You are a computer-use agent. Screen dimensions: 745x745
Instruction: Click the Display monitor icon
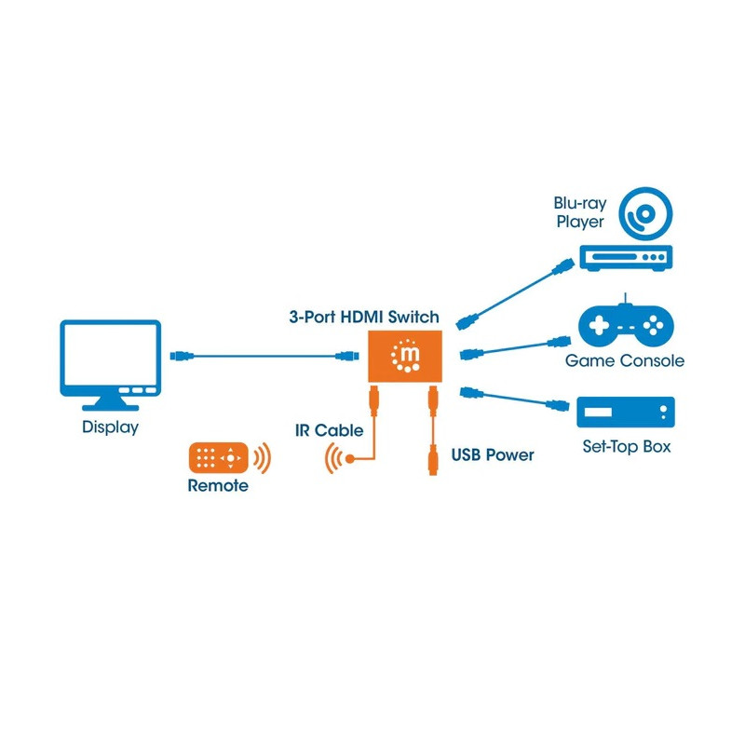click(110, 364)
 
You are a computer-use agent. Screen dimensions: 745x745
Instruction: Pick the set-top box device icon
click(625, 412)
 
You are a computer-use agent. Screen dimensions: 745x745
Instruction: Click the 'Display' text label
click(110, 427)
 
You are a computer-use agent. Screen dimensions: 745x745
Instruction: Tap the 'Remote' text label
click(218, 486)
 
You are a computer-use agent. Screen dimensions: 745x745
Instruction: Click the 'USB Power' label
click(493, 455)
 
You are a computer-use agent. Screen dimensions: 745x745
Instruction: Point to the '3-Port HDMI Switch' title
click(363, 318)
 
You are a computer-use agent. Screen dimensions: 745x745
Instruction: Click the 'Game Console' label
click(624, 361)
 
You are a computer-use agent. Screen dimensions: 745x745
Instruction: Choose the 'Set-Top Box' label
click(626, 447)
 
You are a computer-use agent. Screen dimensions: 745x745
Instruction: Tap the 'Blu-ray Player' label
click(580, 213)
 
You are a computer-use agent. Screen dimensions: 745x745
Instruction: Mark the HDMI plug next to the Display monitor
click(183, 356)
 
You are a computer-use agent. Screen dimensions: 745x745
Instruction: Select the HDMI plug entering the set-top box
click(557, 405)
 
